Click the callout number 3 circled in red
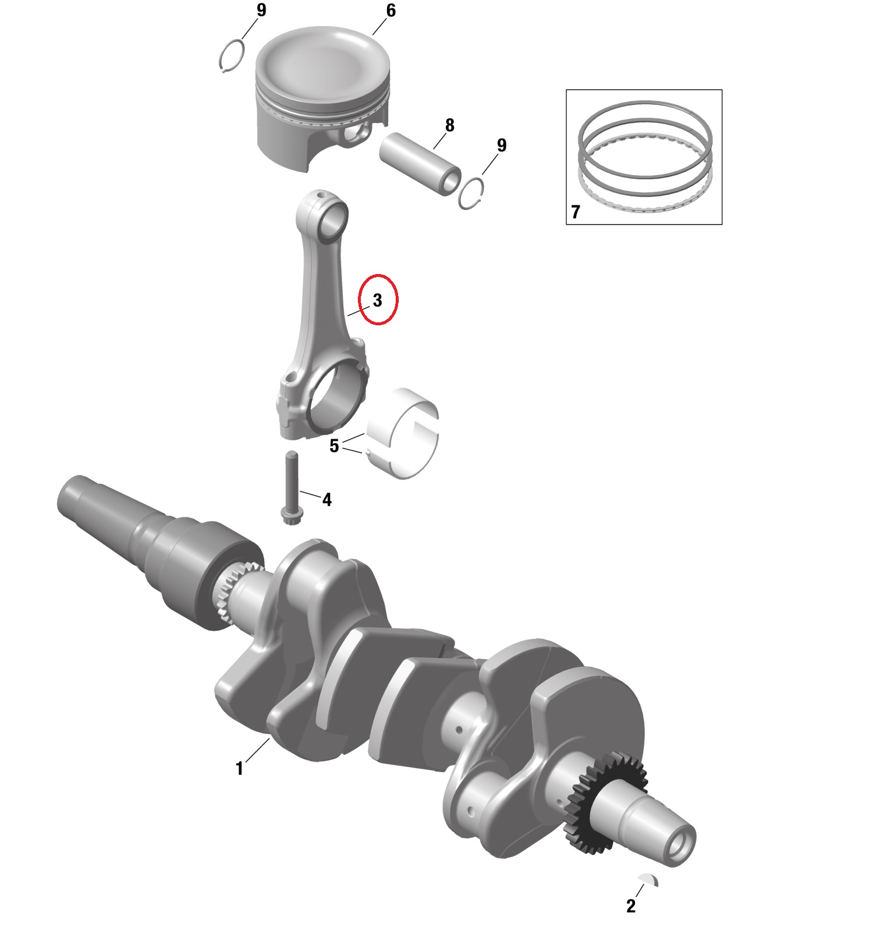coord(378,300)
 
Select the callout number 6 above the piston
coord(391,10)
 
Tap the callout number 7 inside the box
coord(576,212)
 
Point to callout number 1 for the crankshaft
coord(239,769)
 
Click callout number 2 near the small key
coord(631,906)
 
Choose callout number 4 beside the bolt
coord(327,499)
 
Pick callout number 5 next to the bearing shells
coord(334,446)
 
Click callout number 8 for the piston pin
coord(449,125)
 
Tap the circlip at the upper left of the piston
coord(232,56)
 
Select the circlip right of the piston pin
coord(471,193)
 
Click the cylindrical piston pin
coord(420,164)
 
